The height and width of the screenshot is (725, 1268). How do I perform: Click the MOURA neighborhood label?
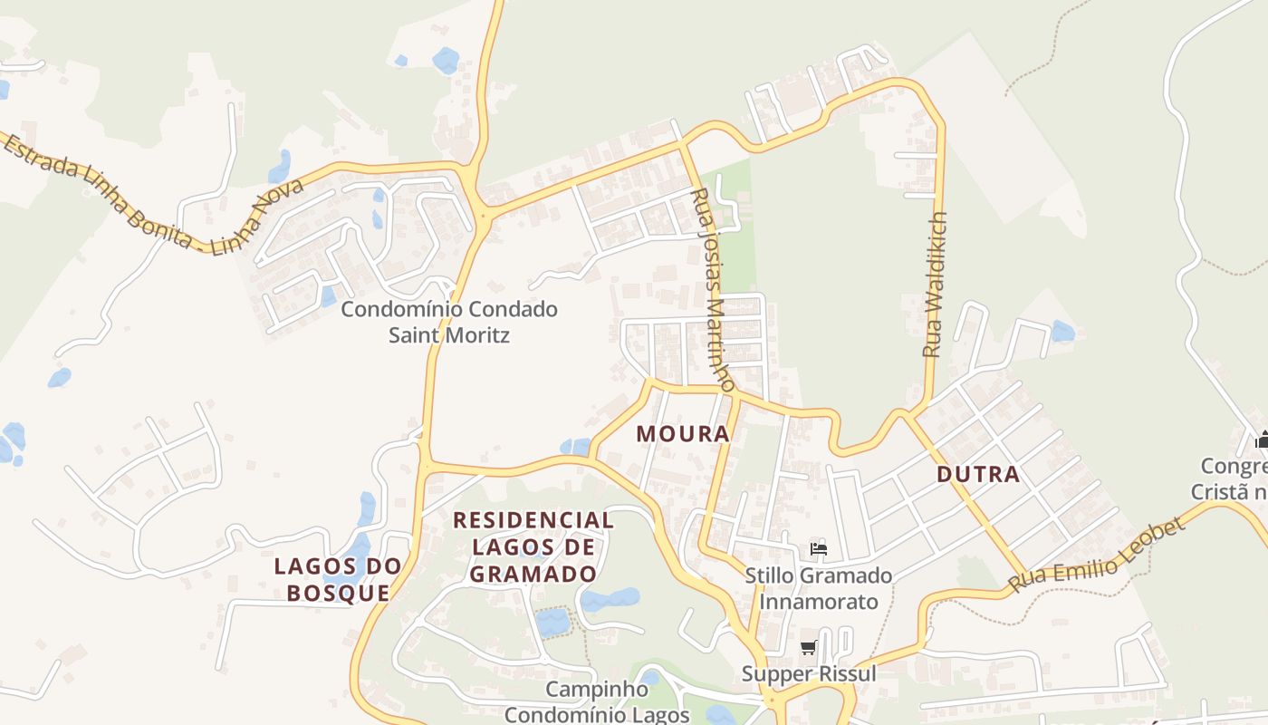pyautogui.click(x=683, y=433)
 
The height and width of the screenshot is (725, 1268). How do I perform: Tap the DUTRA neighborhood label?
pyautogui.click(x=978, y=474)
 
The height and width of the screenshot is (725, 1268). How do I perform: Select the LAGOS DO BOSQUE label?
pyautogui.click(x=338, y=579)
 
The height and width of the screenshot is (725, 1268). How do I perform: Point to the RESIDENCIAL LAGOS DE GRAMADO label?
pyautogui.click(x=533, y=546)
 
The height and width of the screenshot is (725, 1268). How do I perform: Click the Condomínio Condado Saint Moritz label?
pyautogui.click(x=449, y=322)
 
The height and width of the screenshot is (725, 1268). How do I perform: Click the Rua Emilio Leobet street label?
pyautogui.click(x=1098, y=555)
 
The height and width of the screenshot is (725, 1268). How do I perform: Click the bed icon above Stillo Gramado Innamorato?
pyautogui.click(x=819, y=548)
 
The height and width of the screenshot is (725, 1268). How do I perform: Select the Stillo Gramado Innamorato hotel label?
pyautogui.click(x=819, y=588)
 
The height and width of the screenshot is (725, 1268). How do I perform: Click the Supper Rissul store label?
pyautogui.click(x=809, y=674)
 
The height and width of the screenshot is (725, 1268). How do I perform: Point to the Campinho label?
pyautogui.click(x=596, y=690)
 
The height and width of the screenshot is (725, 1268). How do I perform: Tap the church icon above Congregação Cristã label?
pyautogui.click(x=1262, y=440)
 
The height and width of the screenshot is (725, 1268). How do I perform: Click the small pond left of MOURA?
pyautogui.click(x=574, y=446)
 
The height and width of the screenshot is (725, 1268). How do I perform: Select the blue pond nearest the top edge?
pyautogui.click(x=446, y=61)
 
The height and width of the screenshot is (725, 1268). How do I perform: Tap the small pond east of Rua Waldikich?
pyautogui.click(x=1062, y=331)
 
